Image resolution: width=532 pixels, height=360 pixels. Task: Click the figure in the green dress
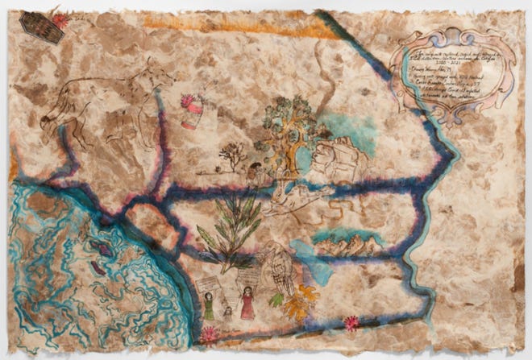[x=210, y=305]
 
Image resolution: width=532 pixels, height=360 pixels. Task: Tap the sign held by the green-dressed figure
[x=207, y=283]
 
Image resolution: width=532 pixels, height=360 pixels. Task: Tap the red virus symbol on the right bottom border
[x=351, y=324]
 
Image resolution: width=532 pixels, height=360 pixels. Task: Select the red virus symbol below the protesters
[x=212, y=333]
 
